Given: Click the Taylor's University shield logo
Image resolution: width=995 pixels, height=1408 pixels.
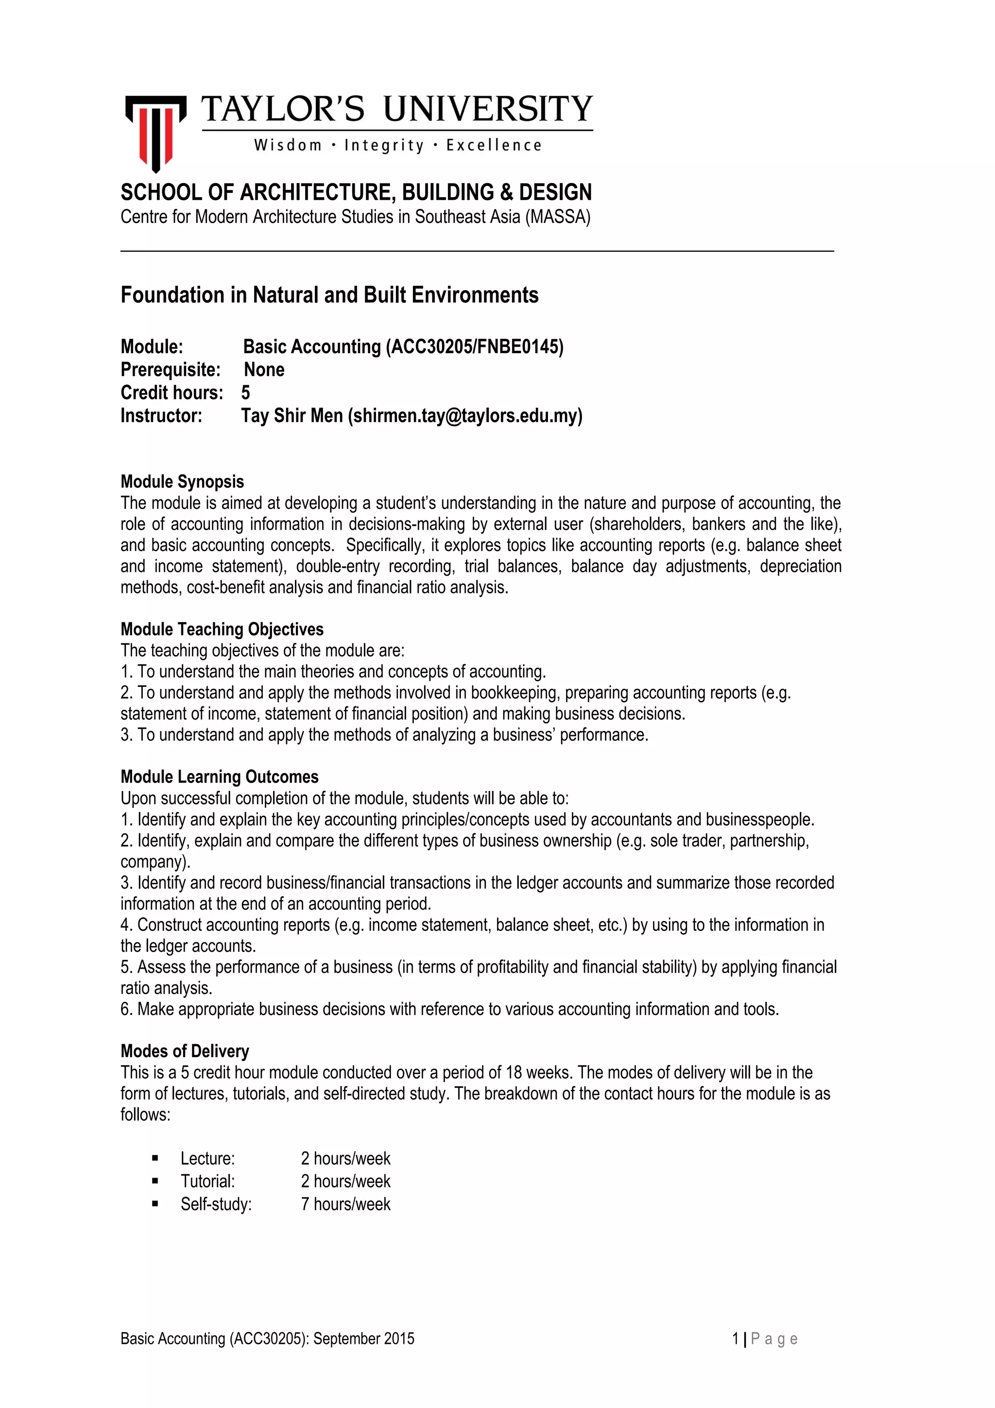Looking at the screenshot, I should click(x=156, y=133).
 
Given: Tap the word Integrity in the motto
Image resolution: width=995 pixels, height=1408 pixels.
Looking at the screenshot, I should click(x=384, y=145).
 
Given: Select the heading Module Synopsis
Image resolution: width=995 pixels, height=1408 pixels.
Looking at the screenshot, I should click(x=182, y=481).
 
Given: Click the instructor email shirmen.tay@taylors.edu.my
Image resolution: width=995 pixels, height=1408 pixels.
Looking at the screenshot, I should click(x=464, y=416).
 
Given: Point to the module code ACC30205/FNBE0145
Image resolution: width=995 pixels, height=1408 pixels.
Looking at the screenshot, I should click(x=474, y=347).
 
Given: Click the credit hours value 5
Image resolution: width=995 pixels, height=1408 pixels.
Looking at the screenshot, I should click(x=245, y=393).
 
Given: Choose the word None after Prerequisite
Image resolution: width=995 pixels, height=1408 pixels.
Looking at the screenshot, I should click(x=264, y=370).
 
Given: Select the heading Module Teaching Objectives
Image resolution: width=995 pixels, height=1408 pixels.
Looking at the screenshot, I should click(x=222, y=629).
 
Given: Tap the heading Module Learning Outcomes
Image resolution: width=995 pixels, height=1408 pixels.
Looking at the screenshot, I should click(x=220, y=777).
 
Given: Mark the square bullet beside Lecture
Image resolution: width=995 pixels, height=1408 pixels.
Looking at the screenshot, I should click(x=155, y=1158).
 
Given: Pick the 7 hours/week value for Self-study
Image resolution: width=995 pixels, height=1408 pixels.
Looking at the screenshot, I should click(x=345, y=1204).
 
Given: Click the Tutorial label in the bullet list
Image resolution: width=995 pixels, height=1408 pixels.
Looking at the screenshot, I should click(x=208, y=1181).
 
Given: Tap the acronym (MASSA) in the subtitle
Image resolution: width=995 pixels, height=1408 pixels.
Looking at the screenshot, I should click(x=557, y=217).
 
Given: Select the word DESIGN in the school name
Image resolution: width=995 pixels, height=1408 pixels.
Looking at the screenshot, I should click(x=555, y=192).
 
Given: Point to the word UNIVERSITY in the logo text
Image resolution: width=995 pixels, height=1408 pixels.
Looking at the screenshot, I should click(x=488, y=109).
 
